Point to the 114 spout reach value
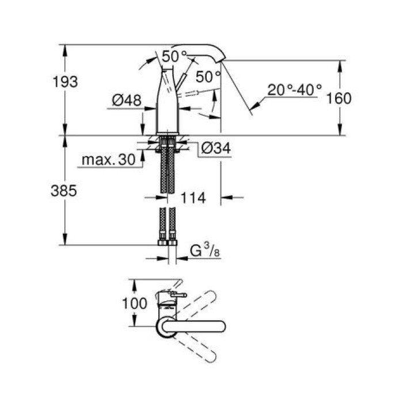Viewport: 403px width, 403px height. pyautogui.click(x=193, y=198)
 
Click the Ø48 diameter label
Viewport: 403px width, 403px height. pyautogui.click(x=127, y=100)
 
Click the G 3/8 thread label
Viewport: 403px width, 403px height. pyautogui.click(x=205, y=252)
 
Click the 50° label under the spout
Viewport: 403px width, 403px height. pyautogui.click(x=208, y=76)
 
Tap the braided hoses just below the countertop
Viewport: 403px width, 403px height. pyautogui.click(x=168, y=167)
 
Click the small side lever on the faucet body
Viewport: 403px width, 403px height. pyautogui.click(x=183, y=81)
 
